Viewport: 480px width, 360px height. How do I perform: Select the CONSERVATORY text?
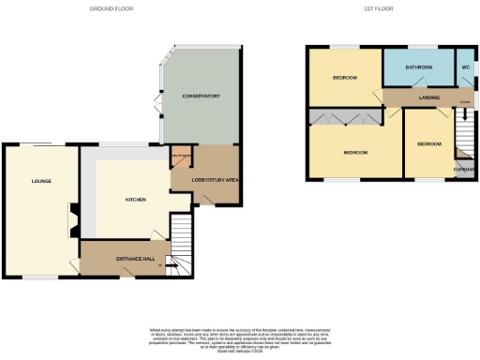pos(202,96)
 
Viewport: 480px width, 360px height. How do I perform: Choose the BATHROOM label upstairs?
pos(418,68)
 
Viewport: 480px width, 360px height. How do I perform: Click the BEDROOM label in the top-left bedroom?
pos(344,78)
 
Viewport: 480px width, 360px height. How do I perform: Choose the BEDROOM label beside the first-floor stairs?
pos(429,143)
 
